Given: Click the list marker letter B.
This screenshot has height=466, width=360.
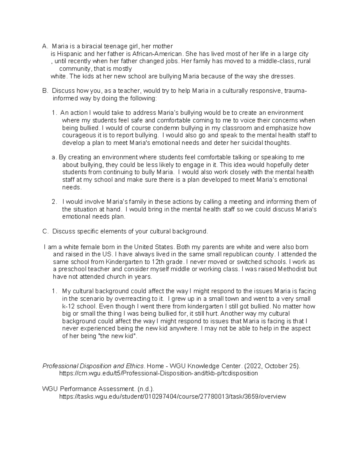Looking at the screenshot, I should click(45, 91).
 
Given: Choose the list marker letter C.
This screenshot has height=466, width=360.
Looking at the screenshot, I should click(45, 231).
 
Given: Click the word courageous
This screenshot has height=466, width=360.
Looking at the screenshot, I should click(76, 135).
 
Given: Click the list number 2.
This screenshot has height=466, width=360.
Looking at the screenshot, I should click(54, 202).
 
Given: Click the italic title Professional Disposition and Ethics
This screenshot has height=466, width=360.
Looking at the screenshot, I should click(93, 366).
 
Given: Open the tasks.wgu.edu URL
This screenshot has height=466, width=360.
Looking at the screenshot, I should click(172, 396).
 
